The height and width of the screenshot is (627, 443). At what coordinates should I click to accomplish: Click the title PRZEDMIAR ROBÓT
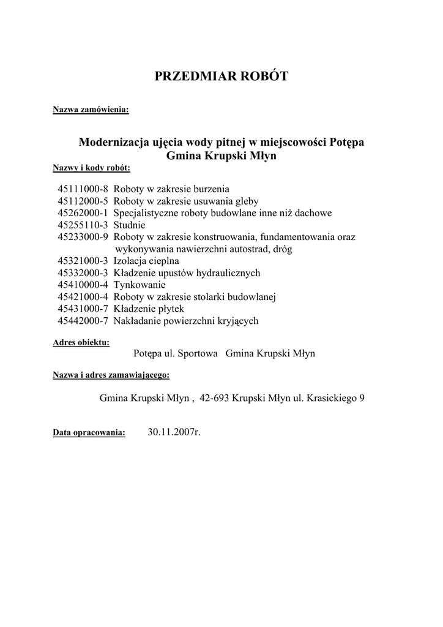tap(221, 76)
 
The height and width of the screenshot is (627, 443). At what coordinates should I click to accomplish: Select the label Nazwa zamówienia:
tap(91, 110)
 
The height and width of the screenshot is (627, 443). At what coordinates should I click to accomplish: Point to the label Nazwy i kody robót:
tap(91, 167)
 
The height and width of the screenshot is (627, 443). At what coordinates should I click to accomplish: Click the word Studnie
tap(130, 225)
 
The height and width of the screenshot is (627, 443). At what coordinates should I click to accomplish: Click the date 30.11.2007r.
tap(174, 432)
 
